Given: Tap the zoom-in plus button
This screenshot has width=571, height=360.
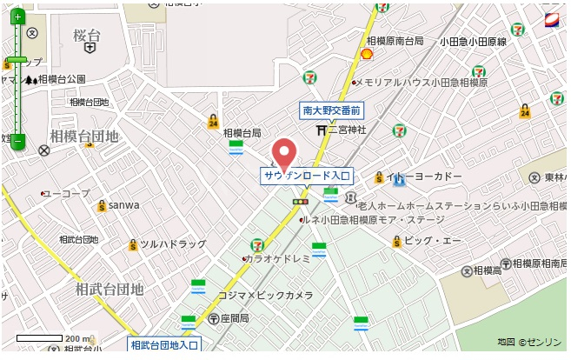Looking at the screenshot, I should pyautogui.click(x=18, y=17).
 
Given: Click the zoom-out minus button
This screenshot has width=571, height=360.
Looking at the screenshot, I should pyautogui.click(x=18, y=140).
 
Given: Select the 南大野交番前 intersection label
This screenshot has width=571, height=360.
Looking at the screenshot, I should pyautogui.click(x=331, y=110).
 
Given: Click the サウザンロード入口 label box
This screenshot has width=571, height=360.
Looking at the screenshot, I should pyautogui.click(x=307, y=176).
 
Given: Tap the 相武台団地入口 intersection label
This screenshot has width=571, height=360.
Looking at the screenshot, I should pyautogui.click(x=165, y=345).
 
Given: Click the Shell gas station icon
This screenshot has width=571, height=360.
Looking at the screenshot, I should pyautogui.click(x=367, y=54).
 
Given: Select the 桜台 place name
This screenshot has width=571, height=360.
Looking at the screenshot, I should pyautogui.click(x=88, y=36).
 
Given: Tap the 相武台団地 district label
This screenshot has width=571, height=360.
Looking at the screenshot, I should pyautogui.click(x=110, y=289).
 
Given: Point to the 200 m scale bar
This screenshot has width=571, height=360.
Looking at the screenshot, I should pyautogui.click(x=40, y=338).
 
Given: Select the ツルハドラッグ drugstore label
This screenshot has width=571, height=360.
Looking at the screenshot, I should pyautogui.click(x=173, y=244).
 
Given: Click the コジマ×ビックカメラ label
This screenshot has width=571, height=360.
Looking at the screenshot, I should pyautogui.click(x=265, y=296).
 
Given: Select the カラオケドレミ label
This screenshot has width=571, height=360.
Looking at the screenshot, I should pyautogui.click(x=277, y=259).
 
